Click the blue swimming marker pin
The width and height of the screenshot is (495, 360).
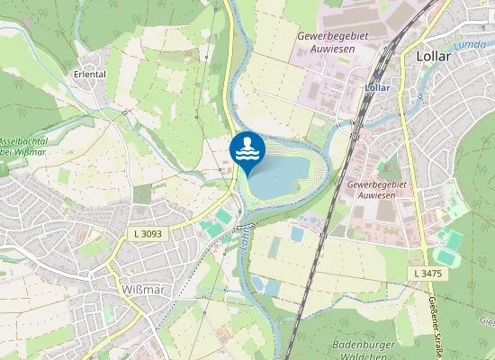(x=247, y=154)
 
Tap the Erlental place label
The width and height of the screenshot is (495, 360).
(x=90, y=75)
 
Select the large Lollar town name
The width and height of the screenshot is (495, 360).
(x=434, y=56)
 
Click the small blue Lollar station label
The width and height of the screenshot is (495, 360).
(x=377, y=88)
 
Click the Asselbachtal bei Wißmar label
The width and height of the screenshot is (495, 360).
(x=22, y=147)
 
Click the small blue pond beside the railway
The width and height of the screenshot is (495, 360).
(x=297, y=234)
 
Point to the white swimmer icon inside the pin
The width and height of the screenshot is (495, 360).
(x=247, y=150)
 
